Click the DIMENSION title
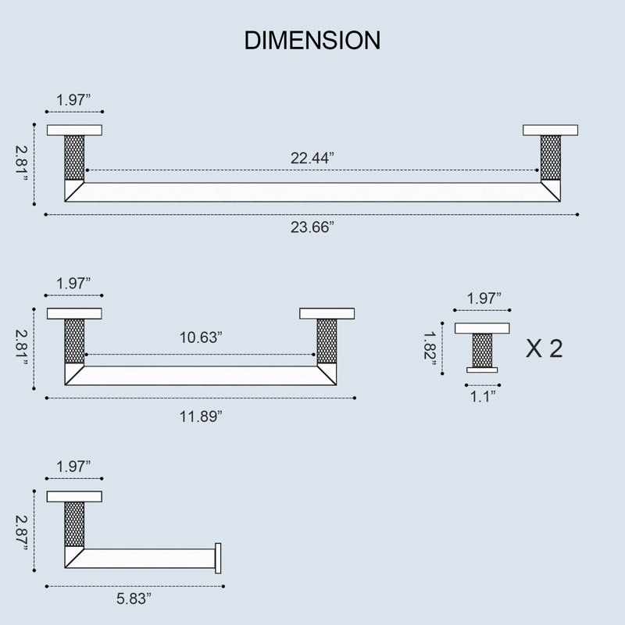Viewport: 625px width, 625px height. pyautogui.click(x=312, y=41)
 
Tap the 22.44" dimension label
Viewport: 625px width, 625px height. pyautogui.click(x=312, y=159)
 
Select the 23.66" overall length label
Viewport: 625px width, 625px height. pyautogui.click(x=312, y=227)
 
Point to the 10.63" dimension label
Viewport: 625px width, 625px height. pyautogui.click(x=201, y=337)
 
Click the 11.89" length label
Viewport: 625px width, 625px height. pyautogui.click(x=201, y=416)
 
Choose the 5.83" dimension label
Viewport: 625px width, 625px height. pyautogui.click(x=134, y=598)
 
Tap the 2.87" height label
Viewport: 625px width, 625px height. pyautogui.click(x=22, y=533)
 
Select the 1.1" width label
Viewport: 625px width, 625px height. pyautogui.click(x=483, y=397)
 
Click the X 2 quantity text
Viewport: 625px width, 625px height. pyautogui.click(x=544, y=348)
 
